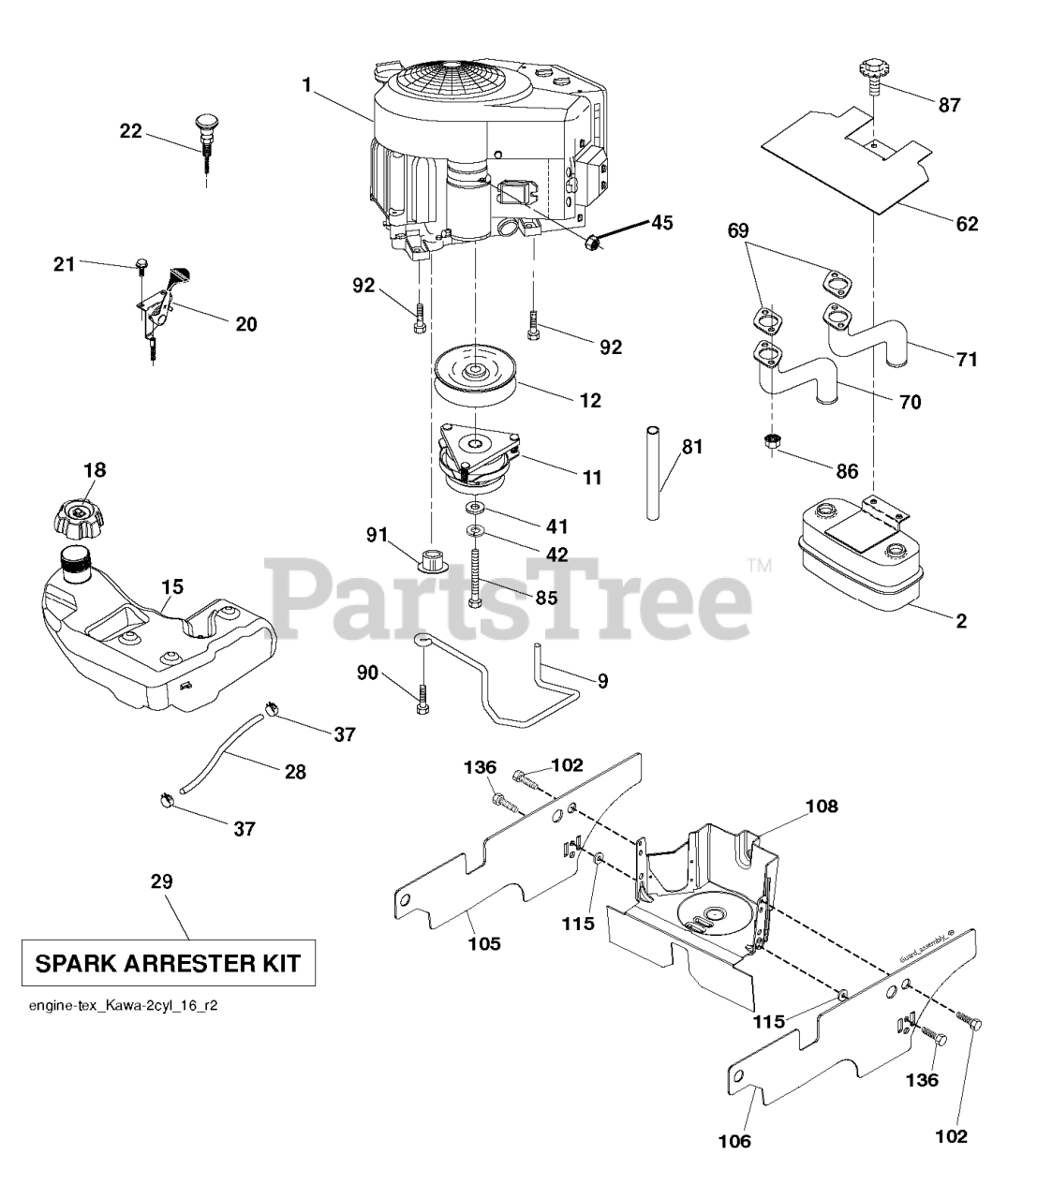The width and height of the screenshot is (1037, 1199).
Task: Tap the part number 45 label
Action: coord(661,222)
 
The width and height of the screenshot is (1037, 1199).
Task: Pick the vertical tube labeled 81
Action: coord(653,474)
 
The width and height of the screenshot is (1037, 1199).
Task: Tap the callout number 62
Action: coord(966,224)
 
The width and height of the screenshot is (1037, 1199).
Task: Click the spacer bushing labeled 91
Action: coord(432,558)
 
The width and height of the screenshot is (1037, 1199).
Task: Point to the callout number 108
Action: coord(822,806)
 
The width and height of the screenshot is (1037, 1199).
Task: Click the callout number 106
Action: coord(734,1141)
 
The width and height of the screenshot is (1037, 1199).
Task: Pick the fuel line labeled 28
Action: coord(222,751)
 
